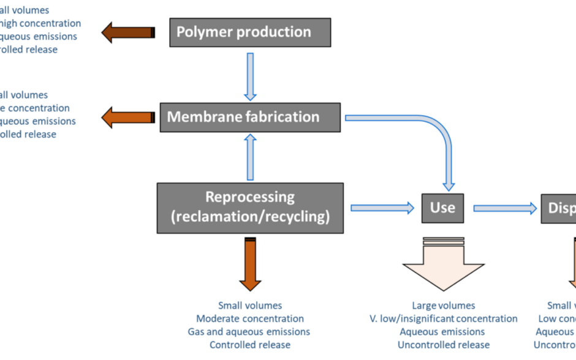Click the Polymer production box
(250, 32)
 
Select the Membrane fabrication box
(250, 117)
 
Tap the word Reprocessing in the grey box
(250, 197)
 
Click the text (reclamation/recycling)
(250, 217)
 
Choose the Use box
(442, 208)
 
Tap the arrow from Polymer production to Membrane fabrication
(250, 76)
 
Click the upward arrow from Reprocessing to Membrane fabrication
(250, 157)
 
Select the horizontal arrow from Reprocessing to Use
(382, 208)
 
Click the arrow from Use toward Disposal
(505, 208)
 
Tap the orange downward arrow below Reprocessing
(250, 264)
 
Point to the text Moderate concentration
(250, 319)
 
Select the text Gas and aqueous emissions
(250, 332)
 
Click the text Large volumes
(443, 306)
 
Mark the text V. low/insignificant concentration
(443, 319)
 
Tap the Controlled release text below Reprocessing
(250, 345)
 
